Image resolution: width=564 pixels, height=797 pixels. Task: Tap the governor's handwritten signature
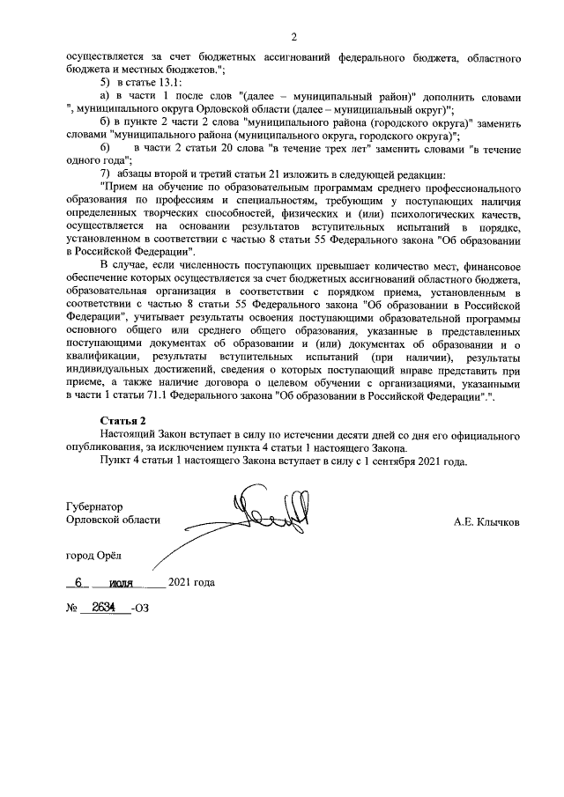[261, 520]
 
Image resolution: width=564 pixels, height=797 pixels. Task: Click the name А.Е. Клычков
[486, 520]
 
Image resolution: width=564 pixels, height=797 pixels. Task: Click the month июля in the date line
[125, 583]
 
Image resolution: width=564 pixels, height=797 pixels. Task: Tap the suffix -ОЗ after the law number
[139, 609]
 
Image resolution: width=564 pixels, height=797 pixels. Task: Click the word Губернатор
[94, 506]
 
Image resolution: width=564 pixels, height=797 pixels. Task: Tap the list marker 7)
[108, 173]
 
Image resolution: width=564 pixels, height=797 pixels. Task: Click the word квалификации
[104, 358]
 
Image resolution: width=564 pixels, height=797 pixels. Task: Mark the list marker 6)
[108, 147]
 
